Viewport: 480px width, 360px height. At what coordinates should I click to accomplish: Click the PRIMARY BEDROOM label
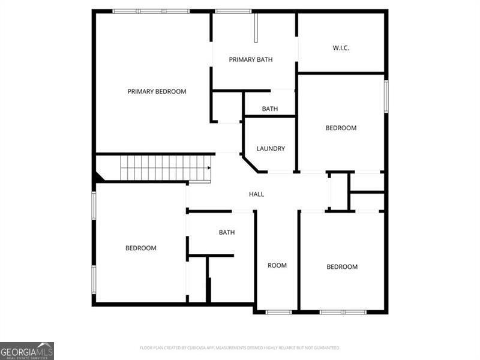(x=157, y=92)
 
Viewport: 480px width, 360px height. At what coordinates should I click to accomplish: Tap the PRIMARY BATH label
(x=251, y=59)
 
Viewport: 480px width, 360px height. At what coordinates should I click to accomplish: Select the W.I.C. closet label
(x=341, y=48)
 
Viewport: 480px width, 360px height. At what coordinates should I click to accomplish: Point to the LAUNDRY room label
(x=271, y=149)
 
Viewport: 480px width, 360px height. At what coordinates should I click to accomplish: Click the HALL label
(x=256, y=194)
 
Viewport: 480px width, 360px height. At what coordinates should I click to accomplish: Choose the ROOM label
(x=277, y=265)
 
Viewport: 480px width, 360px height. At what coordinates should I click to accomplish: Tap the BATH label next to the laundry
(x=269, y=109)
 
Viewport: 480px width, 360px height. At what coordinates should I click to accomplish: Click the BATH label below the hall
(x=227, y=232)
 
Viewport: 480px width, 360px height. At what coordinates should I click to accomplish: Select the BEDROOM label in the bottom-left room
(x=141, y=248)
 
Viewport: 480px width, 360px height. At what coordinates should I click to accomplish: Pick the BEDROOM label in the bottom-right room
(x=342, y=267)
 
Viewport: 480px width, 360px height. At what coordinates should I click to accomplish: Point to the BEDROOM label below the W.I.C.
(x=341, y=128)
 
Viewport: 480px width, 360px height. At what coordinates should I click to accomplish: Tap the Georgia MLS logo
(x=27, y=350)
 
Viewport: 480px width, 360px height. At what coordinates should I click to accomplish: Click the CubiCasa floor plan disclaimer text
(x=240, y=348)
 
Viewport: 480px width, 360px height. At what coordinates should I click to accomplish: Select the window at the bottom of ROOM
(x=278, y=312)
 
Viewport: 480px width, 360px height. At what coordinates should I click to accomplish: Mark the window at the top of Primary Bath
(x=233, y=11)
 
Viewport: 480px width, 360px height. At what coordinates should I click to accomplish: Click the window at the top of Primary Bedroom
(x=151, y=11)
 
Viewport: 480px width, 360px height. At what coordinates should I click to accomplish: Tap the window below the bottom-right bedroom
(x=343, y=312)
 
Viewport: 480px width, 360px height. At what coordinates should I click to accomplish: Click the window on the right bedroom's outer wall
(x=386, y=96)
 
